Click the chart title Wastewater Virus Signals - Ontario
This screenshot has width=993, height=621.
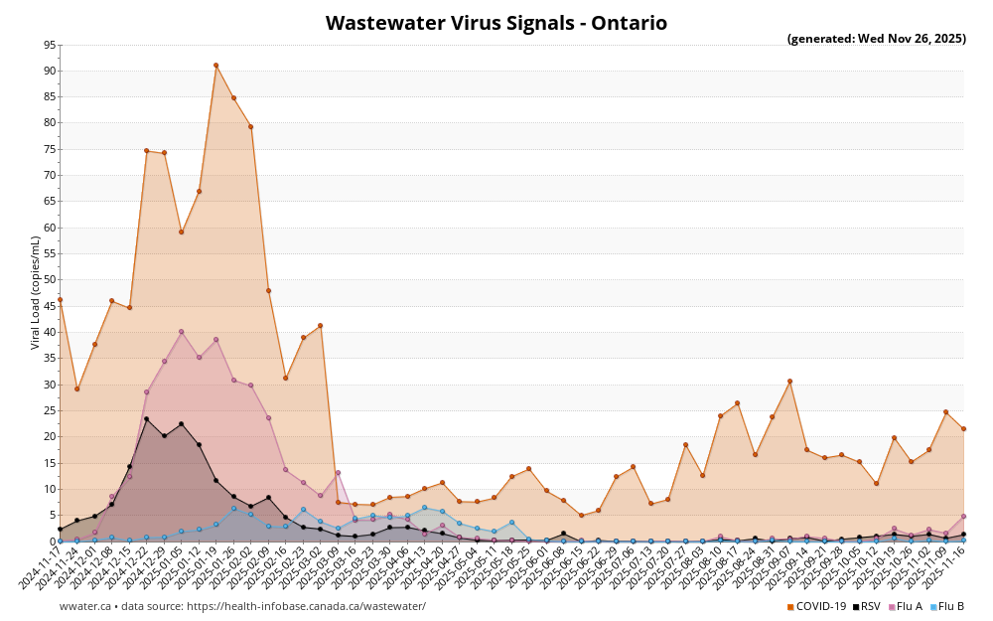[496, 23]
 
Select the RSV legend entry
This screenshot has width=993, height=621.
[867, 606]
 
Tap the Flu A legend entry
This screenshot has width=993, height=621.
[905, 606]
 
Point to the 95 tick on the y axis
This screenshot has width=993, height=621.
[50, 45]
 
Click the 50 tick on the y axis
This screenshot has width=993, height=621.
[50, 280]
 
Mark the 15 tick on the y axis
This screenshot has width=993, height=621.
[50, 463]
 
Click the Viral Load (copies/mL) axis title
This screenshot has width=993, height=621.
[36, 292]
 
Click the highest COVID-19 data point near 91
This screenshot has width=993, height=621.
[215, 66]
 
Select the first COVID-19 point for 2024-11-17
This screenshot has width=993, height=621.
[60, 299]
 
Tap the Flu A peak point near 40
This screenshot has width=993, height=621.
[181, 332]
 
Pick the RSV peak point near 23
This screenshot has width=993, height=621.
[146, 419]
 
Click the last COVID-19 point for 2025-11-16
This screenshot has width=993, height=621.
[963, 429]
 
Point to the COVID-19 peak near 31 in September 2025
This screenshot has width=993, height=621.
[789, 381]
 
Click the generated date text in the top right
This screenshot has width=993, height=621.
[876, 39]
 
